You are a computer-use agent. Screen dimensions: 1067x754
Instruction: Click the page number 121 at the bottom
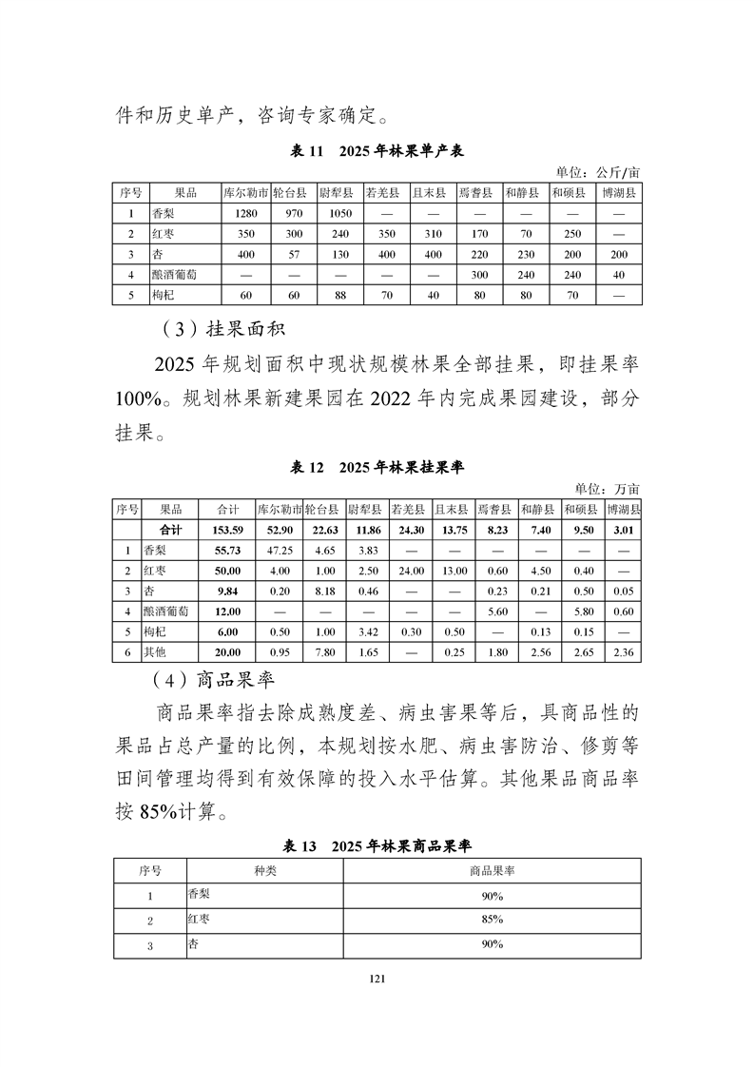(x=377, y=977)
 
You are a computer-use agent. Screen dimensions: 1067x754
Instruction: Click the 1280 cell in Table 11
(x=245, y=213)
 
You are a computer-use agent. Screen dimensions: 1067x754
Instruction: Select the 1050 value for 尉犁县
(x=336, y=213)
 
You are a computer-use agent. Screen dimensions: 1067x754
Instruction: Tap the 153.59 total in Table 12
(x=228, y=529)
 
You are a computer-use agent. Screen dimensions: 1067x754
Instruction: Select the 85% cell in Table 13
(x=492, y=920)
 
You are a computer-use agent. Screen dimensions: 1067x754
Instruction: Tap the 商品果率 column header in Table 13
(x=492, y=870)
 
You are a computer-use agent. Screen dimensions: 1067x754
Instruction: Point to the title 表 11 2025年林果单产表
(x=377, y=151)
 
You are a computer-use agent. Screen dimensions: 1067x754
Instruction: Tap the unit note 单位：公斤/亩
(x=598, y=172)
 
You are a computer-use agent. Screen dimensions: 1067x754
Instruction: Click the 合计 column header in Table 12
(x=228, y=509)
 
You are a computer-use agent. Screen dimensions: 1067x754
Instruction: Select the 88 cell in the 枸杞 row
(x=336, y=296)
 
